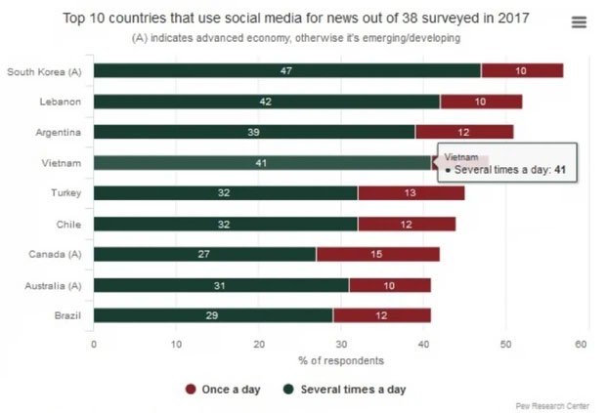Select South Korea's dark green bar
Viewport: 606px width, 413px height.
tap(287, 70)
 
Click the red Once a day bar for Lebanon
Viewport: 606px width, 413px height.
tap(481, 101)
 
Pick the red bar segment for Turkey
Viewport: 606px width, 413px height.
tap(411, 193)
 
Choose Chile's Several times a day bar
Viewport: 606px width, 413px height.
tap(225, 224)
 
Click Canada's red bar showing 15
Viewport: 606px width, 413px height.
tap(377, 255)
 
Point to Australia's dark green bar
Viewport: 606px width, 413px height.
tap(221, 285)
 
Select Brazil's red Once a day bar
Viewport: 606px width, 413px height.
tap(381, 315)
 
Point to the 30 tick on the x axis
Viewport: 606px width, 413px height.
tap(340, 344)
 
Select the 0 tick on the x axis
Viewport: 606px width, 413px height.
tap(94, 344)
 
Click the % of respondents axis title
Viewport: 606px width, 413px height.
tap(339, 360)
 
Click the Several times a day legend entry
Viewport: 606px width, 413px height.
tap(344, 389)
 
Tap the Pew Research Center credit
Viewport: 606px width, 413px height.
tap(559, 405)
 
